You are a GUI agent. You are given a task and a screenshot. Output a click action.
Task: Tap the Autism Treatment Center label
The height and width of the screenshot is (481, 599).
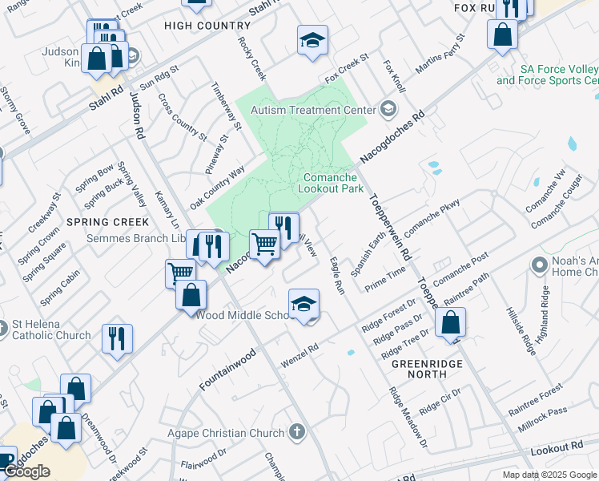coord(313,109)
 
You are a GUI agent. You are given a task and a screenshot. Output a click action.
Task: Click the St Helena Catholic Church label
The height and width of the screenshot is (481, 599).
coord(50,329)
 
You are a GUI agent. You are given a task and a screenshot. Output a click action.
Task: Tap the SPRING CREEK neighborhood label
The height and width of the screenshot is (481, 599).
coord(108,221)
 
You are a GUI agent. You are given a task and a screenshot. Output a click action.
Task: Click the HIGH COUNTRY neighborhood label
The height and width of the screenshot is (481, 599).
coord(196,26)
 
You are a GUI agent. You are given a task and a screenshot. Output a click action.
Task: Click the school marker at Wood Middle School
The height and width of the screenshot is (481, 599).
coord(304,304)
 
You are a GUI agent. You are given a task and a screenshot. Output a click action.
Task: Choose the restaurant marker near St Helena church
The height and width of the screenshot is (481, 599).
coord(117,338)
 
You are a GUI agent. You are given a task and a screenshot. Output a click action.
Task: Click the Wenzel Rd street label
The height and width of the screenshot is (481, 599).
coord(299,357)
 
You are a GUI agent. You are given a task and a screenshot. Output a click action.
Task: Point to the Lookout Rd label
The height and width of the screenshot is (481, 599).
coord(556,447)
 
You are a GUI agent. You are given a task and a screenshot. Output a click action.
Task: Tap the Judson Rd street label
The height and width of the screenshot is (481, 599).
coord(137,112)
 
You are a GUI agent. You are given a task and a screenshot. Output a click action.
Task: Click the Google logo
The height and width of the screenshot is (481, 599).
coord(26,471)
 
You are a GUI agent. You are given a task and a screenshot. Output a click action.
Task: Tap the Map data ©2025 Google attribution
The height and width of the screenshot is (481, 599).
coord(549,475)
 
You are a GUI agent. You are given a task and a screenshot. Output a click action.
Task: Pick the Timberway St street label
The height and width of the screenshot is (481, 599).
coord(226,105)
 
